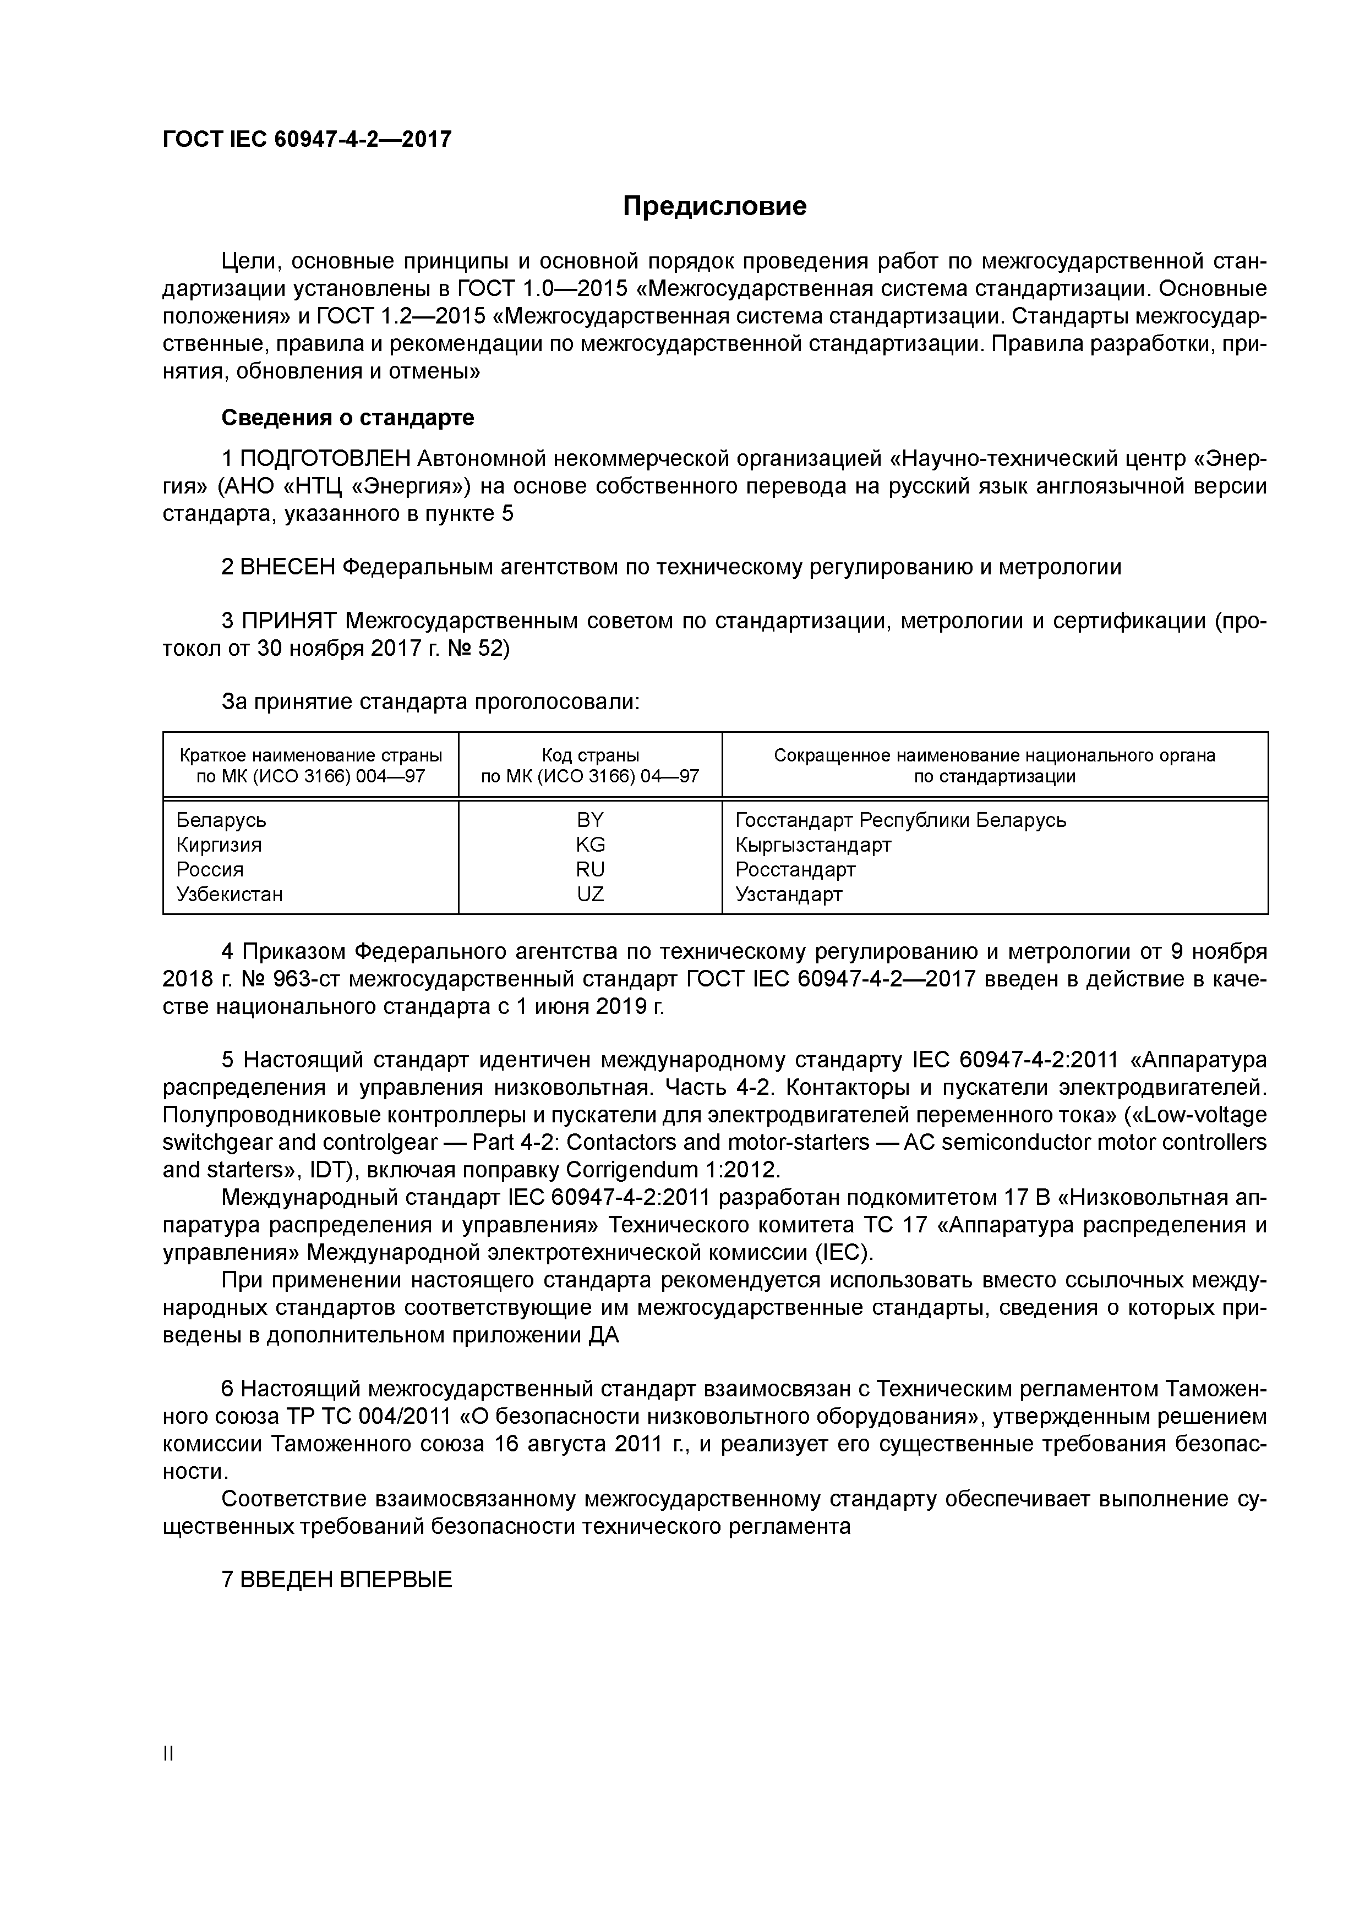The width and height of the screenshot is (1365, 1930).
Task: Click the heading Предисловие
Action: pos(714,206)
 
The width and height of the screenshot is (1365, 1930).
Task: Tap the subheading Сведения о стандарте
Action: pos(347,417)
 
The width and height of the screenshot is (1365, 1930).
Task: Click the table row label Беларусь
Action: pos(221,820)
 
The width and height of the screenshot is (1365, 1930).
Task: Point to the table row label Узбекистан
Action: pos(230,893)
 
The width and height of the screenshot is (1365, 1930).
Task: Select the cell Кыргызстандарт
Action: pos(812,844)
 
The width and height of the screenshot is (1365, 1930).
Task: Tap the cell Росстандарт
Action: pos(795,869)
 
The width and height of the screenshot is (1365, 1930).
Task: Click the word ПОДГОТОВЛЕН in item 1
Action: pos(325,459)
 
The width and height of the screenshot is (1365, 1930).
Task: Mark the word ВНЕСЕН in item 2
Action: pos(288,567)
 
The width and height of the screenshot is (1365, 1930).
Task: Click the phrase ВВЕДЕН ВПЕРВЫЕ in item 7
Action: pos(346,1580)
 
